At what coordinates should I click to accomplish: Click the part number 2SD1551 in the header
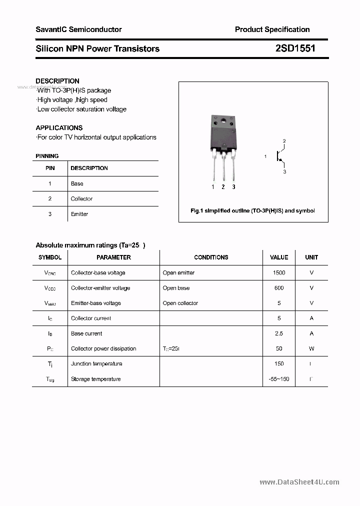pyautogui.click(x=295, y=48)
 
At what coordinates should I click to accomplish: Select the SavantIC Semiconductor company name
pyautogui.click(x=78, y=29)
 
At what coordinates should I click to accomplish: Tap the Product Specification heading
pyautogui.click(x=272, y=29)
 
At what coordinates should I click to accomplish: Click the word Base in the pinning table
pyautogui.click(x=77, y=183)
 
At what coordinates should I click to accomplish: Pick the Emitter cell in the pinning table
pyautogui.click(x=79, y=214)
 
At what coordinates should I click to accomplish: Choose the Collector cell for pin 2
pyautogui.click(x=81, y=199)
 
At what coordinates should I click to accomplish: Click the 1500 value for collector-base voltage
pyautogui.click(x=279, y=273)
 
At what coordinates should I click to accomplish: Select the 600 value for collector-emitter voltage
pyautogui.click(x=279, y=288)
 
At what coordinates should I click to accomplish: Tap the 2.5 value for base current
pyautogui.click(x=279, y=333)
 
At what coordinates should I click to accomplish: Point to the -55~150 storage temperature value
pyautogui.click(x=279, y=379)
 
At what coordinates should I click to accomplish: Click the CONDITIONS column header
pyautogui.click(x=211, y=257)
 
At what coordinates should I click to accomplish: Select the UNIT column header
pyautogui.click(x=311, y=257)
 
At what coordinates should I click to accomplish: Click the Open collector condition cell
pyautogui.click(x=180, y=303)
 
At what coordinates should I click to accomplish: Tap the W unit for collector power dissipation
pyautogui.click(x=311, y=348)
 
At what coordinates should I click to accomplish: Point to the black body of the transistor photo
pyautogui.click(x=222, y=134)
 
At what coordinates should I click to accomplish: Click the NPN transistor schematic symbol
pyautogui.click(x=278, y=156)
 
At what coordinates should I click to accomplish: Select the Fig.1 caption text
pyautogui.click(x=253, y=211)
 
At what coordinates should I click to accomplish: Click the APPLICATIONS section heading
pyautogui.click(x=59, y=128)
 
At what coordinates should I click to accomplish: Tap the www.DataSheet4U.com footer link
pyautogui.click(x=299, y=482)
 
